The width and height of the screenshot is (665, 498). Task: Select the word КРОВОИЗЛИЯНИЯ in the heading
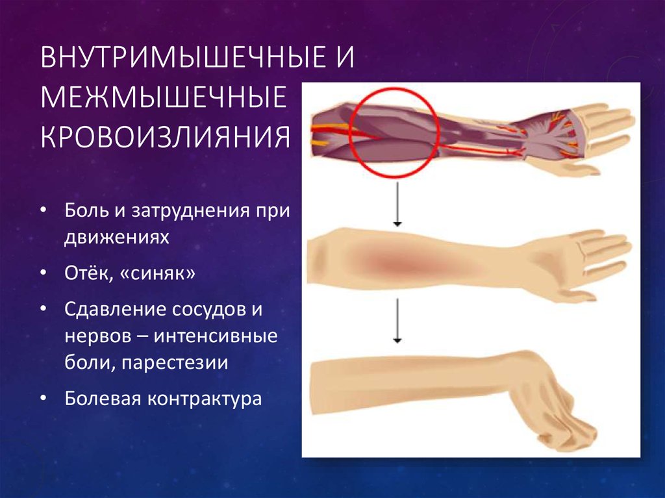165,137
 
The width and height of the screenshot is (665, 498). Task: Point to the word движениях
116,237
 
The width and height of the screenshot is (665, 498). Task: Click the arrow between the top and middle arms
395,204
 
